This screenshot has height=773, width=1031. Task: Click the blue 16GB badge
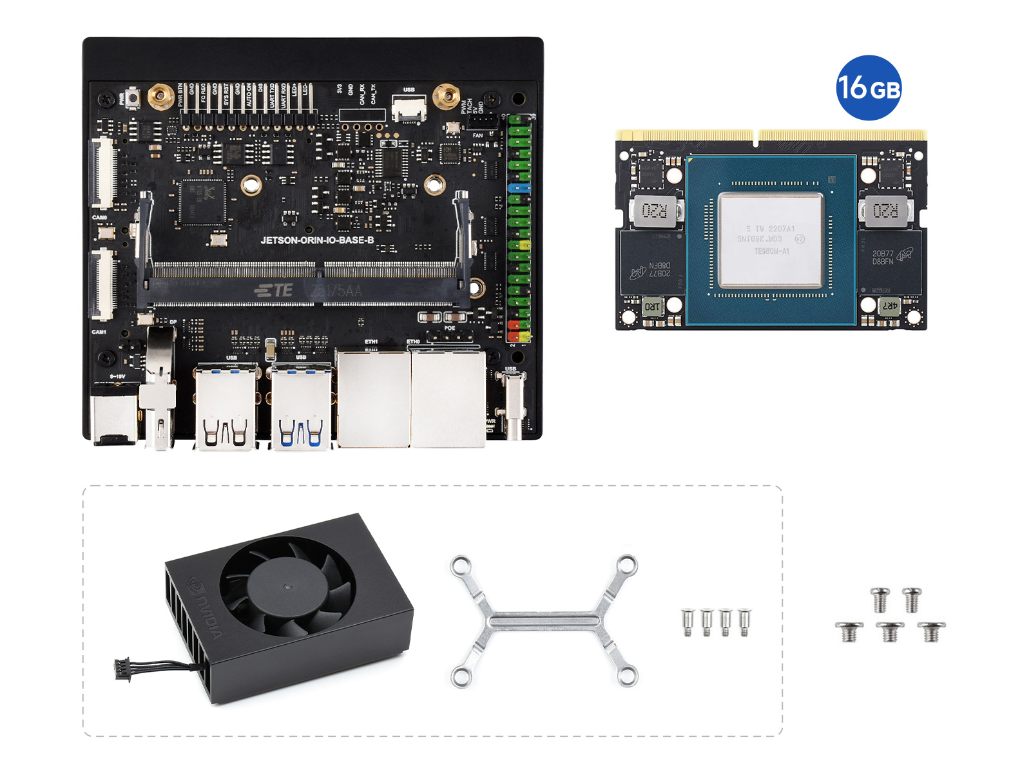pos(868,88)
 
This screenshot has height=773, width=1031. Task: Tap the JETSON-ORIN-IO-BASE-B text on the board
pos(317,240)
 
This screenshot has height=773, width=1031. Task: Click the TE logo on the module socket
pos(274,291)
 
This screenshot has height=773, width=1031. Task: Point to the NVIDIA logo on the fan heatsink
pos(205,609)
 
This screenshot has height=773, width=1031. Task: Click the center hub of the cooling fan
pos(286,586)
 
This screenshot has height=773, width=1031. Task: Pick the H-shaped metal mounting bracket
pos(544,622)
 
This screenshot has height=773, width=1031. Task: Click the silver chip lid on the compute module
pos(771,240)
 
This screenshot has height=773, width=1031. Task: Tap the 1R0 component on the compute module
pos(652,307)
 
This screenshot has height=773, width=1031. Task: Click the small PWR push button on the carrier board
pos(133,98)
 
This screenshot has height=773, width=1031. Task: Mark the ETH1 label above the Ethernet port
pos(371,341)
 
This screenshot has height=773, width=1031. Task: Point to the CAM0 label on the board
pos(99,218)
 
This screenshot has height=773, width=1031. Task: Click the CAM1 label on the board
pos(99,332)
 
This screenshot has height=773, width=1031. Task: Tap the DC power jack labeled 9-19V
pos(114,412)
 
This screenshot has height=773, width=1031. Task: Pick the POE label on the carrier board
pos(450,328)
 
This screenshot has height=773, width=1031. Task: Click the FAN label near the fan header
pos(477,135)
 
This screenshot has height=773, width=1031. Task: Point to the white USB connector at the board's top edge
pos(409,108)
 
